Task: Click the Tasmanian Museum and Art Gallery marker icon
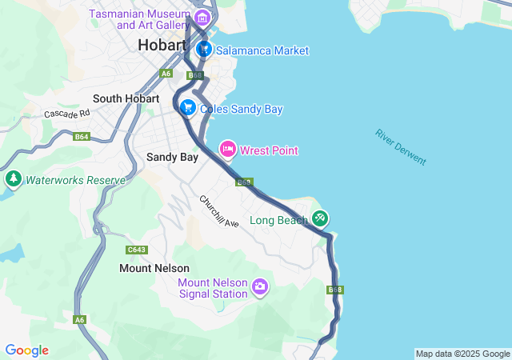pos(202,18)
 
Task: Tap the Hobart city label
pos(162,45)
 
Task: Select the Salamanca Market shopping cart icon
pos(204,50)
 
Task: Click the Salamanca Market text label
pos(262,50)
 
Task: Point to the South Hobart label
pos(124,98)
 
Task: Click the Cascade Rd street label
pos(67,114)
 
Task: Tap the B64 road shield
pos(82,137)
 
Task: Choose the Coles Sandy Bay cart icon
pos(188,107)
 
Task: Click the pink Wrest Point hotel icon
pos(228,149)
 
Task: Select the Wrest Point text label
pos(269,150)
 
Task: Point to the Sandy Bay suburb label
pos(172,158)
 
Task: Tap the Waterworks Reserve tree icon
pos(13,179)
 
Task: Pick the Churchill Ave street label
pos(219,212)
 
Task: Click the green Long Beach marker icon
pos(320,218)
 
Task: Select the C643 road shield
pos(137,249)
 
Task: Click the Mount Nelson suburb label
pos(154,268)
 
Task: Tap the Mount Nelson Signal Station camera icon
pos(259,286)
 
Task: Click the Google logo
pos(26,350)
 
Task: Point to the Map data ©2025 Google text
pos(462,354)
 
